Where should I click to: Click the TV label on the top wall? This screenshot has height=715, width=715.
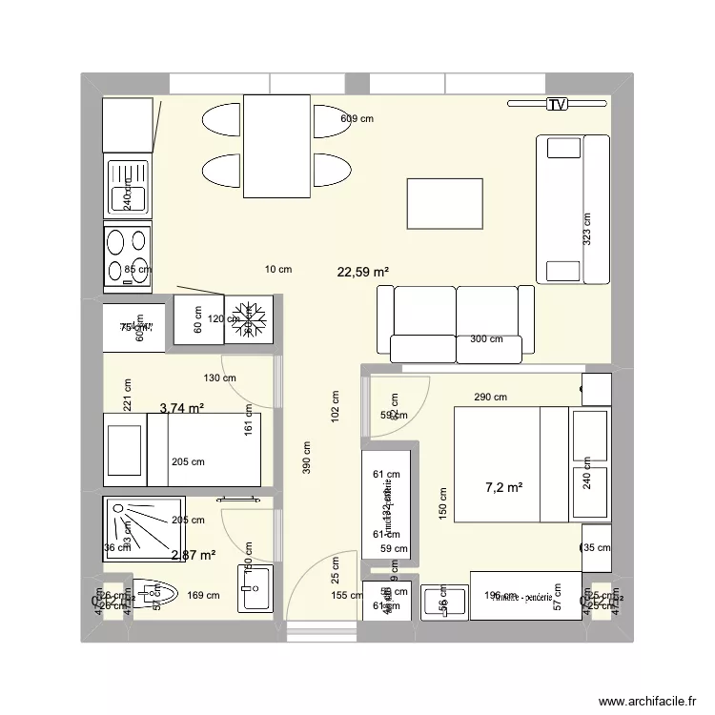coord(556,105)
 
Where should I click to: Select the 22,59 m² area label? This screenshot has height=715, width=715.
coord(363,272)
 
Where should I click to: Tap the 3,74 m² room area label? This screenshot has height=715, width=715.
coord(181,409)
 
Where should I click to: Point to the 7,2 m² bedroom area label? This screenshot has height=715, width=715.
coord(504,488)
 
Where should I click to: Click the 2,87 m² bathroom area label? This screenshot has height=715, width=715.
coord(192,555)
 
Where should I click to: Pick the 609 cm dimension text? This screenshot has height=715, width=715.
coord(357,119)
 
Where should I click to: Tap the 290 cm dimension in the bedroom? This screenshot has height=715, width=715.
coord(491,398)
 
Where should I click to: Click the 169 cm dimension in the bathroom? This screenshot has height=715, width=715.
coord(204,596)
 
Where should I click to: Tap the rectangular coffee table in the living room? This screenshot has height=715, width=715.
coord(445,203)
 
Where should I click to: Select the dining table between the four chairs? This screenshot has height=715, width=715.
coord(276,146)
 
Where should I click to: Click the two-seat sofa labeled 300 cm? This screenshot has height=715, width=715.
coord(456,324)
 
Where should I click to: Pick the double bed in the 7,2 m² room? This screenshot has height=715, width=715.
coord(512,464)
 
